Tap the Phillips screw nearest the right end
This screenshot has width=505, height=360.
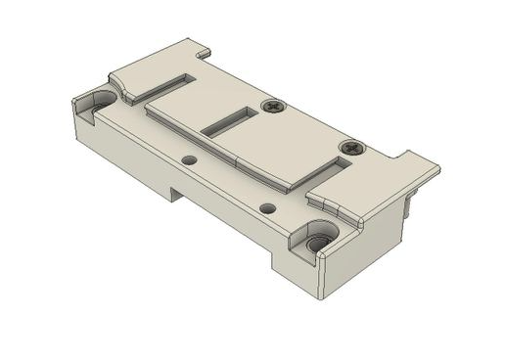tap(351, 148)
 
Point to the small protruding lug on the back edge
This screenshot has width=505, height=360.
tap(202, 47)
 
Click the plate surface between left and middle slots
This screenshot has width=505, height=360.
tap(196, 103)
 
